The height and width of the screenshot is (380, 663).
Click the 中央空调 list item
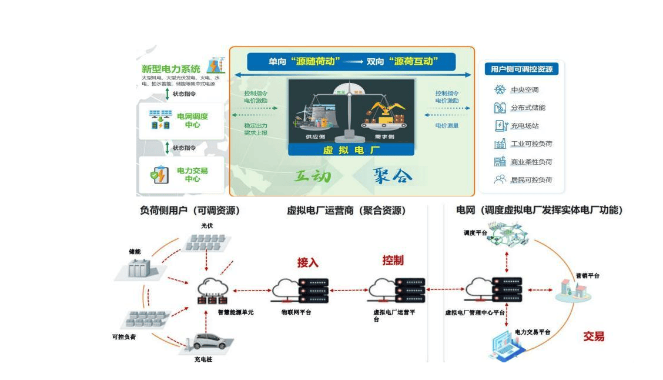(x=524, y=90)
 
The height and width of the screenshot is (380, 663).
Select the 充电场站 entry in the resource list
(x=524, y=126)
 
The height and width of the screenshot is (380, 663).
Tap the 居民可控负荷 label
(x=531, y=180)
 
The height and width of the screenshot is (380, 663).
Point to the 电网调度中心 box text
(x=192, y=121)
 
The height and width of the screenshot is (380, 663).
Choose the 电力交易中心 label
(x=192, y=175)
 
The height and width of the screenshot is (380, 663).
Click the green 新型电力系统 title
(x=170, y=69)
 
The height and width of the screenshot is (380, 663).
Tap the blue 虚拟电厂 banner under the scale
(x=351, y=150)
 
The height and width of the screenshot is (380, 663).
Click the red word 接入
(x=307, y=262)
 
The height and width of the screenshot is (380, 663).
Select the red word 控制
(x=393, y=260)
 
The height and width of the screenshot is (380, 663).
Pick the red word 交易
(x=594, y=336)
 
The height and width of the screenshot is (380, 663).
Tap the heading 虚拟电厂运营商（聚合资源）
(x=346, y=211)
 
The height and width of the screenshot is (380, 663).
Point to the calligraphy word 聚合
(x=392, y=175)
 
